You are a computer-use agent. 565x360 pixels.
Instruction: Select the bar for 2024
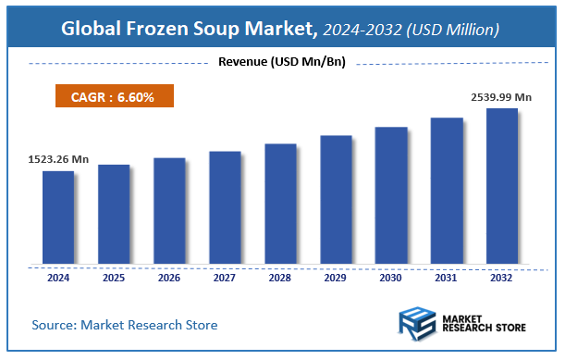coord(58,217)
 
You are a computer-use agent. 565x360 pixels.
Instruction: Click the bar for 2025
coord(114,214)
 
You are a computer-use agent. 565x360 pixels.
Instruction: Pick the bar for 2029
coord(336,199)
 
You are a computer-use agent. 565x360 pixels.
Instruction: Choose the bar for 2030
coord(391,194)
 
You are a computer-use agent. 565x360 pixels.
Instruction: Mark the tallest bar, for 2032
coord(502,185)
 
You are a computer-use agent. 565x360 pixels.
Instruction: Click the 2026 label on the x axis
coord(169,277)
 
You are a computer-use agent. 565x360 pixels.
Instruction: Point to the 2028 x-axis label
coord(280,277)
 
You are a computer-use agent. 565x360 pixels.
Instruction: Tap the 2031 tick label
coord(447,277)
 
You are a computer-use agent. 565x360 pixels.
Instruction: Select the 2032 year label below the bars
coord(502,277)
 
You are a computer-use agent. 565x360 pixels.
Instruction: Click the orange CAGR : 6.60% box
coord(111,96)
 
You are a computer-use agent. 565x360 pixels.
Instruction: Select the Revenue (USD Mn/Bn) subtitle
coord(281,62)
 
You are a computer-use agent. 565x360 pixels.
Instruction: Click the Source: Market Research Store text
coord(124,325)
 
